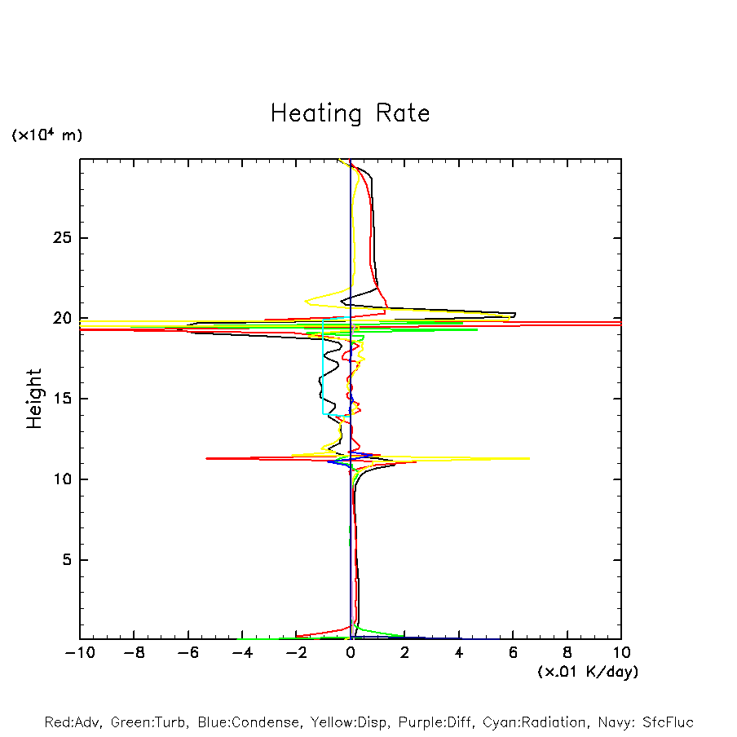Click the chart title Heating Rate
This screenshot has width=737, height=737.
(x=350, y=113)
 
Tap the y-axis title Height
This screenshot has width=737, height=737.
(x=34, y=399)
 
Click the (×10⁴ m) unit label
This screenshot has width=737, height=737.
(x=46, y=135)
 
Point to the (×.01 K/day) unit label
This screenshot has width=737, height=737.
(x=587, y=672)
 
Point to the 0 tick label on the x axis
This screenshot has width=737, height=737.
(x=351, y=653)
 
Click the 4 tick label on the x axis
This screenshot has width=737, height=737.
(x=459, y=653)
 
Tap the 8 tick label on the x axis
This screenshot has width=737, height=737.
(x=567, y=653)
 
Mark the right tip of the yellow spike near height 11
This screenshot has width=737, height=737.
(x=529, y=458)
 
